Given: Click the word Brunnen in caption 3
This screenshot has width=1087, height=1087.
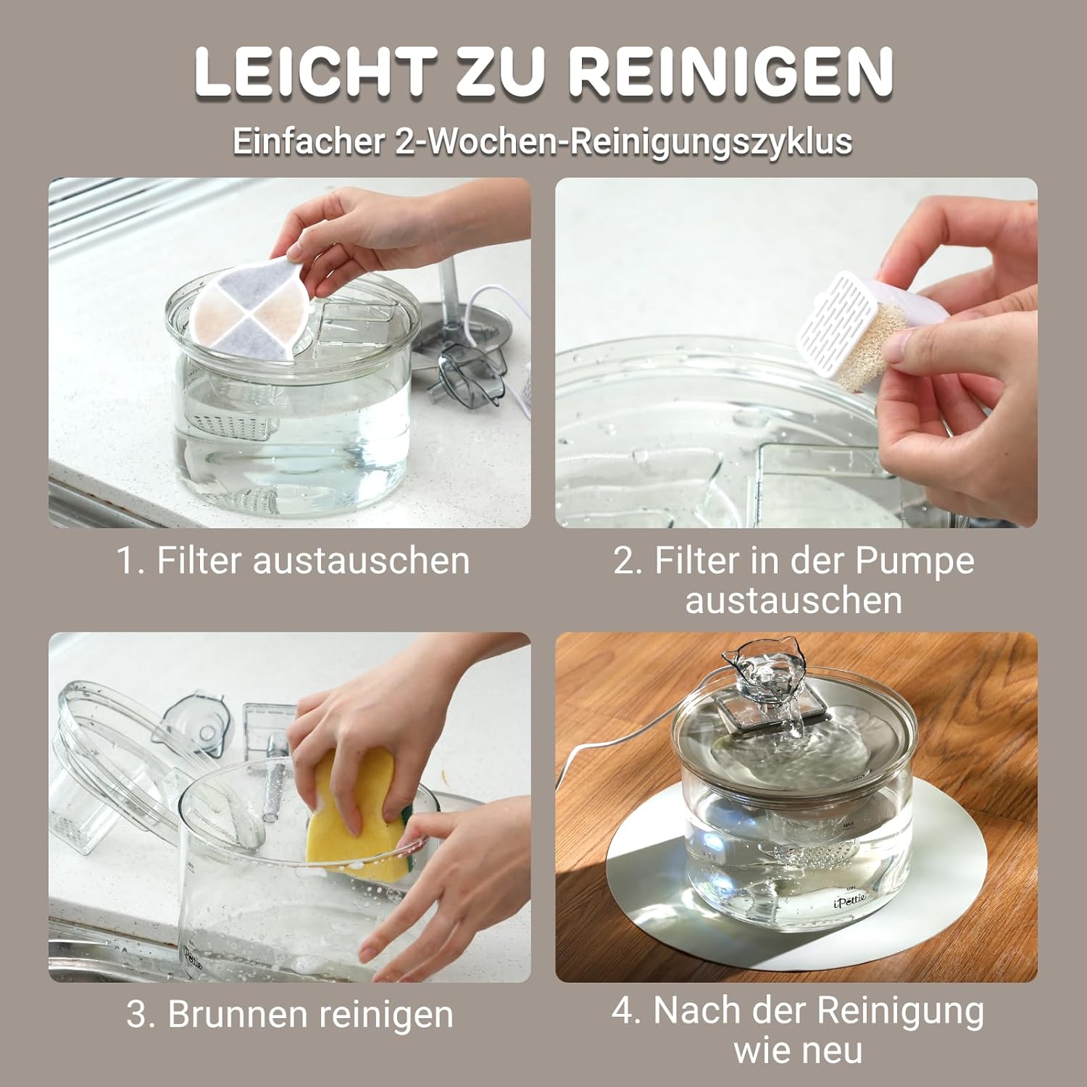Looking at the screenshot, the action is click(238, 1014).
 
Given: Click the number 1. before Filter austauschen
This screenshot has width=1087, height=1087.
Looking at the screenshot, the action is click(131, 560).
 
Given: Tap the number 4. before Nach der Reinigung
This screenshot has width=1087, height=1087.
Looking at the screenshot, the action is click(628, 1010).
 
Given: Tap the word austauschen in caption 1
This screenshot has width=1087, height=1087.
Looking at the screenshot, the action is click(360, 561).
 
